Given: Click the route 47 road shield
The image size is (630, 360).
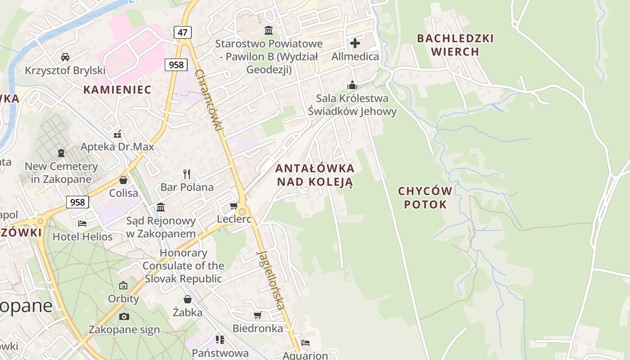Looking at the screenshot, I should pyautogui.click(x=182, y=32).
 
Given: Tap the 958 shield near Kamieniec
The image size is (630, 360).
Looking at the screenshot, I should pyautogui.click(x=175, y=65).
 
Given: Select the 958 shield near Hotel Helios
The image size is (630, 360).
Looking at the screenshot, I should pyautogui.click(x=77, y=202).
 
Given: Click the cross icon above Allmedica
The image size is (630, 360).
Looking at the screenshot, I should pyautogui.click(x=355, y=43).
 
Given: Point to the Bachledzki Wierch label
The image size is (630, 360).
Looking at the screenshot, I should pyautogui.click(x=455, y=45).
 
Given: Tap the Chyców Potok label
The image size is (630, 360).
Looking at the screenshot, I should pyautogui.click(x=425, y=198).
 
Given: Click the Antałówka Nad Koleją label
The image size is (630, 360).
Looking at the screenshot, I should pyautogui.click(x=315, y=175).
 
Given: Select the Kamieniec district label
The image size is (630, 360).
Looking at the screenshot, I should pyautogui.click(x=117, y=90).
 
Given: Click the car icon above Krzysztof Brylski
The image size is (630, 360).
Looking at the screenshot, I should pyautogui.click(x=65, y=57).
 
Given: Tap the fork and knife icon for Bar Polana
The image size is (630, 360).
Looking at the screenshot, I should pyautogui.click(x=187, y=174).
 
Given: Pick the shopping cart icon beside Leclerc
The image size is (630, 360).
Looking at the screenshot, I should pyautogui.click(x=234, y=206).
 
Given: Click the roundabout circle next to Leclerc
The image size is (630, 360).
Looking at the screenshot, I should pyautogui.click(x=243, y=211).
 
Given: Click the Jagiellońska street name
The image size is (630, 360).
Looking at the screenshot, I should pyautogui.click(x=271, y=280).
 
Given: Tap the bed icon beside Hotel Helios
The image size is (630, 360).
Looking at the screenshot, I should pyautogui.click(x=82, y=223).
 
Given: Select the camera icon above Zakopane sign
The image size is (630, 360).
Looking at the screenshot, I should pyautogui.click(x=124, y=316).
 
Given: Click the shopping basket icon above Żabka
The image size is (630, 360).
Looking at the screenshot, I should pyautogui.click(x=188, y=299).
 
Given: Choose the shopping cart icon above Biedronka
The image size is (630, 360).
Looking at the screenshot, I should pyautogui.click(x=257, y=315).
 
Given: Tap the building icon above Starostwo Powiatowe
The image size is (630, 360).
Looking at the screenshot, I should pyautogui.click(x=269, y=30).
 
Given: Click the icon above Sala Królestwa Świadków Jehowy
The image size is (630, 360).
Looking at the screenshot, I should pyautogui.click(x=352, y=85).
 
